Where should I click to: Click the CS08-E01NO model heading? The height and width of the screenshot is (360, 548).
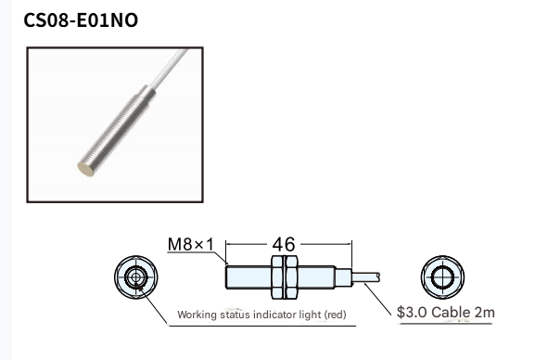[x=81, y=20]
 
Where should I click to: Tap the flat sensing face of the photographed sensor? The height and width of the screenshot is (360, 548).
[x=85, y=169]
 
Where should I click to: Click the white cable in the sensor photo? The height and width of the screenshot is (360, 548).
[x=169, y=69]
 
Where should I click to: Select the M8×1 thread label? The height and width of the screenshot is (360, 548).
[x=190, y=244]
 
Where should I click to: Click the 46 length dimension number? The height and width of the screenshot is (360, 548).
[x=284, y=244]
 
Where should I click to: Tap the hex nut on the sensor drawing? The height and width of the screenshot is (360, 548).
[x=285, y=277]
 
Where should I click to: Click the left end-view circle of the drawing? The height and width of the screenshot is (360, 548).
[x=136, y=277]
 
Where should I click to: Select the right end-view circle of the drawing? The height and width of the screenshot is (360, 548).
[x=442, y=277]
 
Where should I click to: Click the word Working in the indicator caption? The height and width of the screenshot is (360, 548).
[x=197, y=315]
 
